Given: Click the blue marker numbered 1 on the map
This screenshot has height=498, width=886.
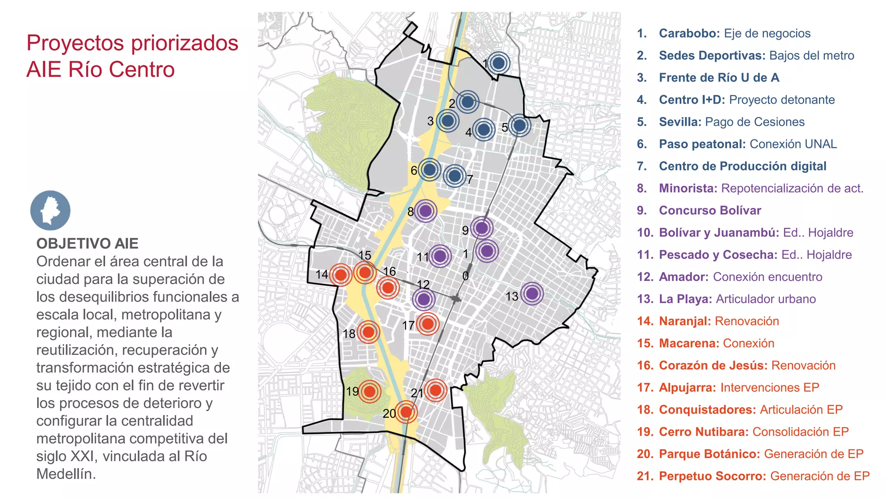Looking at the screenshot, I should point(499,63).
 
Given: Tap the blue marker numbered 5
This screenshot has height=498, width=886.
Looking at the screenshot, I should point(520,125).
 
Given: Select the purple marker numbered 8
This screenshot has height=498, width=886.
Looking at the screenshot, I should point(426,211).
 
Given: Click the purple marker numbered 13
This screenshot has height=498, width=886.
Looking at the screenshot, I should point(532,294).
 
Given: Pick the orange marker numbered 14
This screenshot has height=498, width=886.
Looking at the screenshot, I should point(341,275).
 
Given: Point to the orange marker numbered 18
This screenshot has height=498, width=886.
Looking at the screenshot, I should point(368,332).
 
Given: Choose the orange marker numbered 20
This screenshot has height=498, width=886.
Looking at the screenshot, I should point(406,412).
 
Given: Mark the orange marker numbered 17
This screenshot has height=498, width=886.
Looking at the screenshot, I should point(427,323).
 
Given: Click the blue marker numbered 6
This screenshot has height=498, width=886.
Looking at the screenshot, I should point(430,170).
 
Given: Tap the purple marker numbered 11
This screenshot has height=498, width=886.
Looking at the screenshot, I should point(440,256).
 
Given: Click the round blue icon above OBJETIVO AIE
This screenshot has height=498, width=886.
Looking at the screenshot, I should point(50,211).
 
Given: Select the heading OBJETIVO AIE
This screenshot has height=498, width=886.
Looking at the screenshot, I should point(87,244).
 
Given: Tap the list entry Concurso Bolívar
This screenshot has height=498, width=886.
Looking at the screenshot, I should point(709,211).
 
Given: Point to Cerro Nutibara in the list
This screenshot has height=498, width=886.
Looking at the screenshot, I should point(703,432).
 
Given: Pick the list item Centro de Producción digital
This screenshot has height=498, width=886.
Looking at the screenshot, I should point(742,166).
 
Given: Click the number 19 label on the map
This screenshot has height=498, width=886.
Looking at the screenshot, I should point(352,392).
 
